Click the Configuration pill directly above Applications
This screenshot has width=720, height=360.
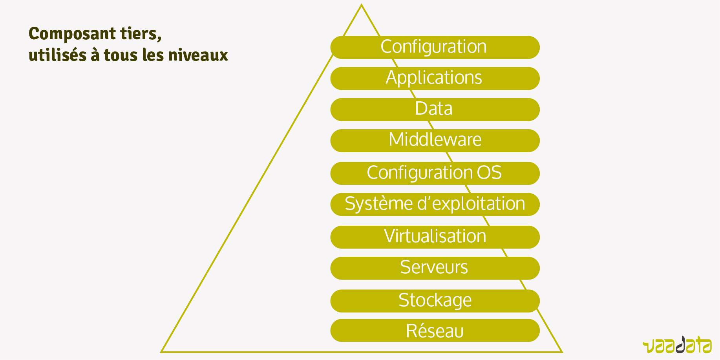pos(435,47)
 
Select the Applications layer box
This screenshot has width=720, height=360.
pos(435,78)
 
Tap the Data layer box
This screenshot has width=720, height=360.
pos(435,109)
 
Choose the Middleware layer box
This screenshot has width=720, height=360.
pos(435,140)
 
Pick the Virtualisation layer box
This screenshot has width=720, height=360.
pos(435,237)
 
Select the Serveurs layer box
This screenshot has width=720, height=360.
pos(435,268)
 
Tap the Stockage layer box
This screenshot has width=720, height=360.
pos(435,301)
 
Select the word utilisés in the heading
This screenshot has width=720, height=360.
pos(57,55)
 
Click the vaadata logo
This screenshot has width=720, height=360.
pos(677,345)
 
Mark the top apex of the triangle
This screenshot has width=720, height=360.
pos(361,5)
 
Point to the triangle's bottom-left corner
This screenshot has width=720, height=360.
pos(162,351)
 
